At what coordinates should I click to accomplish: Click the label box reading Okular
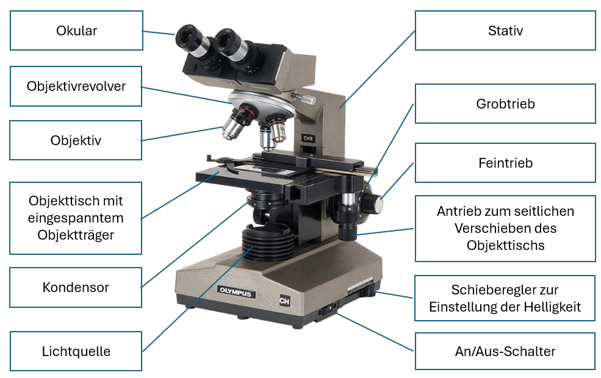click(x=76, y=30)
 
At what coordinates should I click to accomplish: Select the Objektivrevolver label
click(x=76, y=86)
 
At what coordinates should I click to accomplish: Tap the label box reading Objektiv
click(x=76, y=140)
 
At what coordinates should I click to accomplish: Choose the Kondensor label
click(x=76, y=287)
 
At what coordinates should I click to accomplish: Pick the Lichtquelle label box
click(x=76, y=351)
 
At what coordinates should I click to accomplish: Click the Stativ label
click(x=505, y=30)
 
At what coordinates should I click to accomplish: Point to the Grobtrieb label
click(x=505, y=104)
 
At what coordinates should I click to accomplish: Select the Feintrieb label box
click(x=505, y=163)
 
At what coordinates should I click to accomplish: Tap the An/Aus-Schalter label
click(x=505, y=351)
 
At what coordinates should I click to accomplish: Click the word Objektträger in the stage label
click(x=76, y=235)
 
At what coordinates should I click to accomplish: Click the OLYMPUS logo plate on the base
click(x=236, y=292)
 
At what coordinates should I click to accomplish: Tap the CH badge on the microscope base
click(x=284, y=301)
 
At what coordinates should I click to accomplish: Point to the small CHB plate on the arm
click(x=308, y=138)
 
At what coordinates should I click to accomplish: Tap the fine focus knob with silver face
click(x=372, y=204)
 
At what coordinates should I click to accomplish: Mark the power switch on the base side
click(x=329, y=308)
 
